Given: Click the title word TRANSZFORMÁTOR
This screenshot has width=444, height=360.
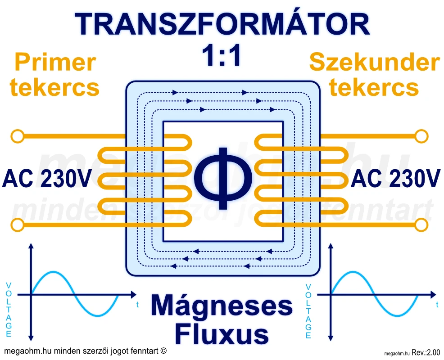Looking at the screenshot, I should (x=222, y=24).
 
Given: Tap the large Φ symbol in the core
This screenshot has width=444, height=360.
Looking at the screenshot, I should (x=222, y=178).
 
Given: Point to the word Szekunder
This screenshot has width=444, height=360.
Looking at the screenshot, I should (x=374, y=63).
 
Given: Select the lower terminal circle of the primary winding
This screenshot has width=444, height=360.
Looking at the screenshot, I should (x=17, y=224).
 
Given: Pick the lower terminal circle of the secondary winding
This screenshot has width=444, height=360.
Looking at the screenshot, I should (x=421, y=224).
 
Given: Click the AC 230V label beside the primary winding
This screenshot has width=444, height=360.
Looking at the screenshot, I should (x=46, y=179).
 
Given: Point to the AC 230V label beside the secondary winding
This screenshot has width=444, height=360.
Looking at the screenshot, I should (x=395, y=179).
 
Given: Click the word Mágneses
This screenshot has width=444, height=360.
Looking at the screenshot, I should (x=222, y=306).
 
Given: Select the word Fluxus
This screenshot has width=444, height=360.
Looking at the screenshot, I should (x=222, y=334).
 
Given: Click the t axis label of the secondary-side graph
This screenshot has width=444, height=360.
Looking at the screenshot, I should (x=437, y=305).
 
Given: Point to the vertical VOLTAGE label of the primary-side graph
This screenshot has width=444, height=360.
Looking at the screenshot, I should (x=9, y=310).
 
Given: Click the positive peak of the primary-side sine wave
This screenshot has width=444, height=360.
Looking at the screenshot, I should (x=54, y=272).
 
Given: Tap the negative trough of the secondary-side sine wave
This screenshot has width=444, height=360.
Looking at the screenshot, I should (x=396, y=315).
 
